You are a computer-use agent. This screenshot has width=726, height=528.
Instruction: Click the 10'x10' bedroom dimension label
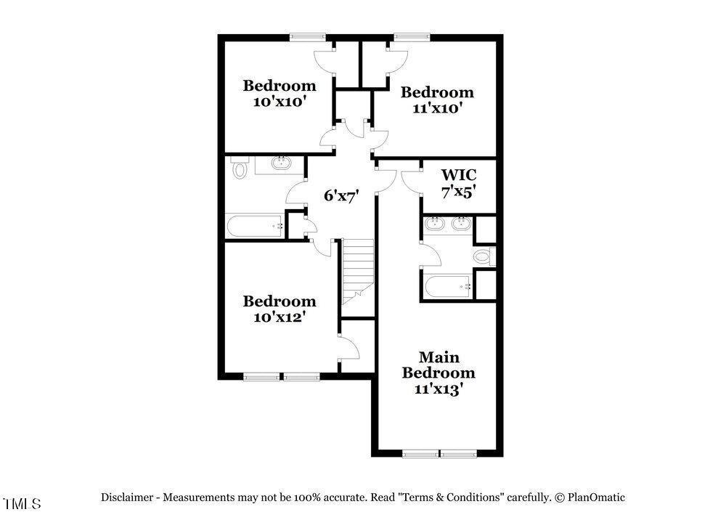tap(280, 102)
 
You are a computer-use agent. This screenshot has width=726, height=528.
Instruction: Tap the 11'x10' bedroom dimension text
tap(437, 108)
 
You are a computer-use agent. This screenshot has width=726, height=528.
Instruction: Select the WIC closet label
tap(459, 175)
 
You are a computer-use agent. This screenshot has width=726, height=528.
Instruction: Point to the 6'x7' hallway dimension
tap(341, 196)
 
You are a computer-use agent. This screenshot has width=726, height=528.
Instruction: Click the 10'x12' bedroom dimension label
tap(280, 317)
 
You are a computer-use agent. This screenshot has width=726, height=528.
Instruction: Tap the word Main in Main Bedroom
tap(439, 357)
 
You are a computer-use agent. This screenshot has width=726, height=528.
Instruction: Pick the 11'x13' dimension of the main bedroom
tap(439, 389)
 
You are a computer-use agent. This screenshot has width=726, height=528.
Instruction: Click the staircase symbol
tap(358, 272)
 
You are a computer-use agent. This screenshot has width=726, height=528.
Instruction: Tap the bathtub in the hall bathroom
tap(254, 226)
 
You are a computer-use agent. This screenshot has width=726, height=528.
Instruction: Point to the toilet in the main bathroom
tap(484, 256)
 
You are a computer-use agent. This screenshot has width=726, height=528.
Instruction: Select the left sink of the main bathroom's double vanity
tap(434, 224)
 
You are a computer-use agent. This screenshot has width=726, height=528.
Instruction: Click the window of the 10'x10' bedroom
tap(308, 37)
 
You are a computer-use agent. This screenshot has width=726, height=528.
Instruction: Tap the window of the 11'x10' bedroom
tap(412, 37)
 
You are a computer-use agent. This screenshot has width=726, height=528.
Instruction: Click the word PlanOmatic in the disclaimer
tap(596, 497)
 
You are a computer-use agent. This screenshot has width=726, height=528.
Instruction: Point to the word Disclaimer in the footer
tap(127, 497)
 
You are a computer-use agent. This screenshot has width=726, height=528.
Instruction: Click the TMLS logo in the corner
tap(22, 503)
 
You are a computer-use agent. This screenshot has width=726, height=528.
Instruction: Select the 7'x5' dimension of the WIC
tap(459, 192)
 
